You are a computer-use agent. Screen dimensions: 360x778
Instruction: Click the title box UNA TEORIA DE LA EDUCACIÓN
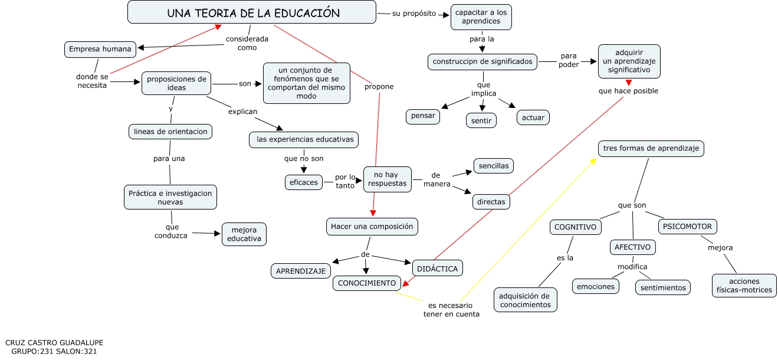tap(252, 12)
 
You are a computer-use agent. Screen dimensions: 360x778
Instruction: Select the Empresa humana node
tap(100, 50)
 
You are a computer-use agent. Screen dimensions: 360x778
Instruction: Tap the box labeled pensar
tap(423, 116)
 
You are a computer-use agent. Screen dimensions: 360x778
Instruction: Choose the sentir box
tap(481, 120)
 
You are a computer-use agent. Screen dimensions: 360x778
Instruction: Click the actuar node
tap(533, 117)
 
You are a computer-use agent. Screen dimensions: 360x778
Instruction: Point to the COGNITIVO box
tap(575, 227)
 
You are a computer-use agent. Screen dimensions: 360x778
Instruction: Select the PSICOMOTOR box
tap(687, 226)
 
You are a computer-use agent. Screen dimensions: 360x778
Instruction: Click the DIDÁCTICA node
tap(437, 269)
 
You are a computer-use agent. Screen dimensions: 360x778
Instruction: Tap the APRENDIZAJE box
tap(300, 271)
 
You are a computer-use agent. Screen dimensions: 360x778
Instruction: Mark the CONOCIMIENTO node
tap(367, 283)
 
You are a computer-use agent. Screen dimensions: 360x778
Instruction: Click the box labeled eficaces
tap(303, 182)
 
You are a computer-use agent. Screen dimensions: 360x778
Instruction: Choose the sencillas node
tap(493, 166)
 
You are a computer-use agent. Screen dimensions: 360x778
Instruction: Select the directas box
tap(491, 202)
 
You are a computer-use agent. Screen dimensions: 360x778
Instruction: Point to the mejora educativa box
tap(244, 234)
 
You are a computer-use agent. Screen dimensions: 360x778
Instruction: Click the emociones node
tap(595, 287)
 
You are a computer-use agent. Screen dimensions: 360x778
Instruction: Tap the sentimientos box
tap(663, 287)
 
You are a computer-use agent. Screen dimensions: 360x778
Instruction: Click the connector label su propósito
tap(414, 14)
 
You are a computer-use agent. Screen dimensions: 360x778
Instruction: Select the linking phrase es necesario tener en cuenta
tap(451, 310)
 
